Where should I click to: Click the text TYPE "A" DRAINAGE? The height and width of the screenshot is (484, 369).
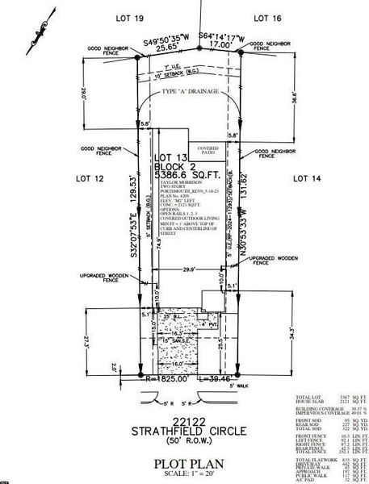(x=191, y=94)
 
